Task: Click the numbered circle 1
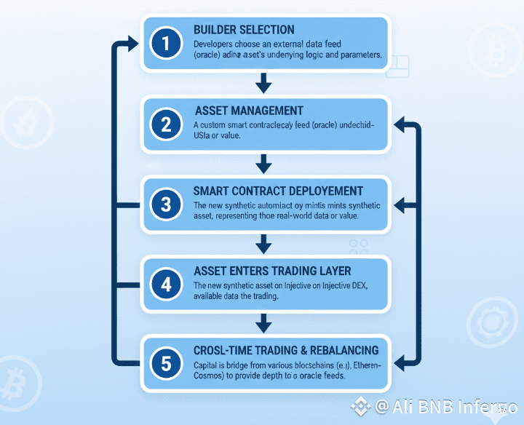(x=167, y=44)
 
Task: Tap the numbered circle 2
(x=167, y=124)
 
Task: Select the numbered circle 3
(x=167, y=204)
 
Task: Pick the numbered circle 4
(x=167, y=285)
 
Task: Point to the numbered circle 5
(x=167, y=362)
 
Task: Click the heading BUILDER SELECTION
(x=244, y=30)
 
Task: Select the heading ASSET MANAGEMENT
(x=249, y=111)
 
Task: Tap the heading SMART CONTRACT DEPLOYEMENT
(x=278, y=191)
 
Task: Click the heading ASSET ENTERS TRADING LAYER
(x=272, y=271)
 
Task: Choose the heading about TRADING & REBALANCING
(x=286, y=350)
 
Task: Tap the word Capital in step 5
(x=210, y=364)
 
